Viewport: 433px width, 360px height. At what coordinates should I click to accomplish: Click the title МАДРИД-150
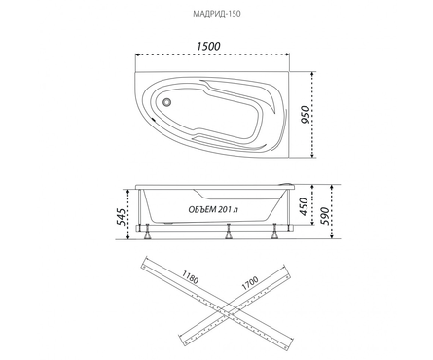tap(217, 14)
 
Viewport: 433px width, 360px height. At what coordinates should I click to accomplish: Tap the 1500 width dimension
tap(208, 46)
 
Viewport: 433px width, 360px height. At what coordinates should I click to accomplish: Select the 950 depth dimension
tap(306, 115)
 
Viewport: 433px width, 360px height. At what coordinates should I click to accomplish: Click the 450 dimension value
tap(304, 206)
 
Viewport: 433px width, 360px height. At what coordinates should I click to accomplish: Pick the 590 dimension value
tap(324, 216)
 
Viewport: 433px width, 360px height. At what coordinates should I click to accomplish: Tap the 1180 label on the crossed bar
tap(190, 277)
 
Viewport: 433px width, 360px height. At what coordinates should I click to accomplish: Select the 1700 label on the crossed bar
tap(250, 283)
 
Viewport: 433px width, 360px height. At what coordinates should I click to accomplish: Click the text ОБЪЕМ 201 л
tap(213, 210)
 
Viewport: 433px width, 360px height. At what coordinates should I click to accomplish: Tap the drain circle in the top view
tap(167, 102)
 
